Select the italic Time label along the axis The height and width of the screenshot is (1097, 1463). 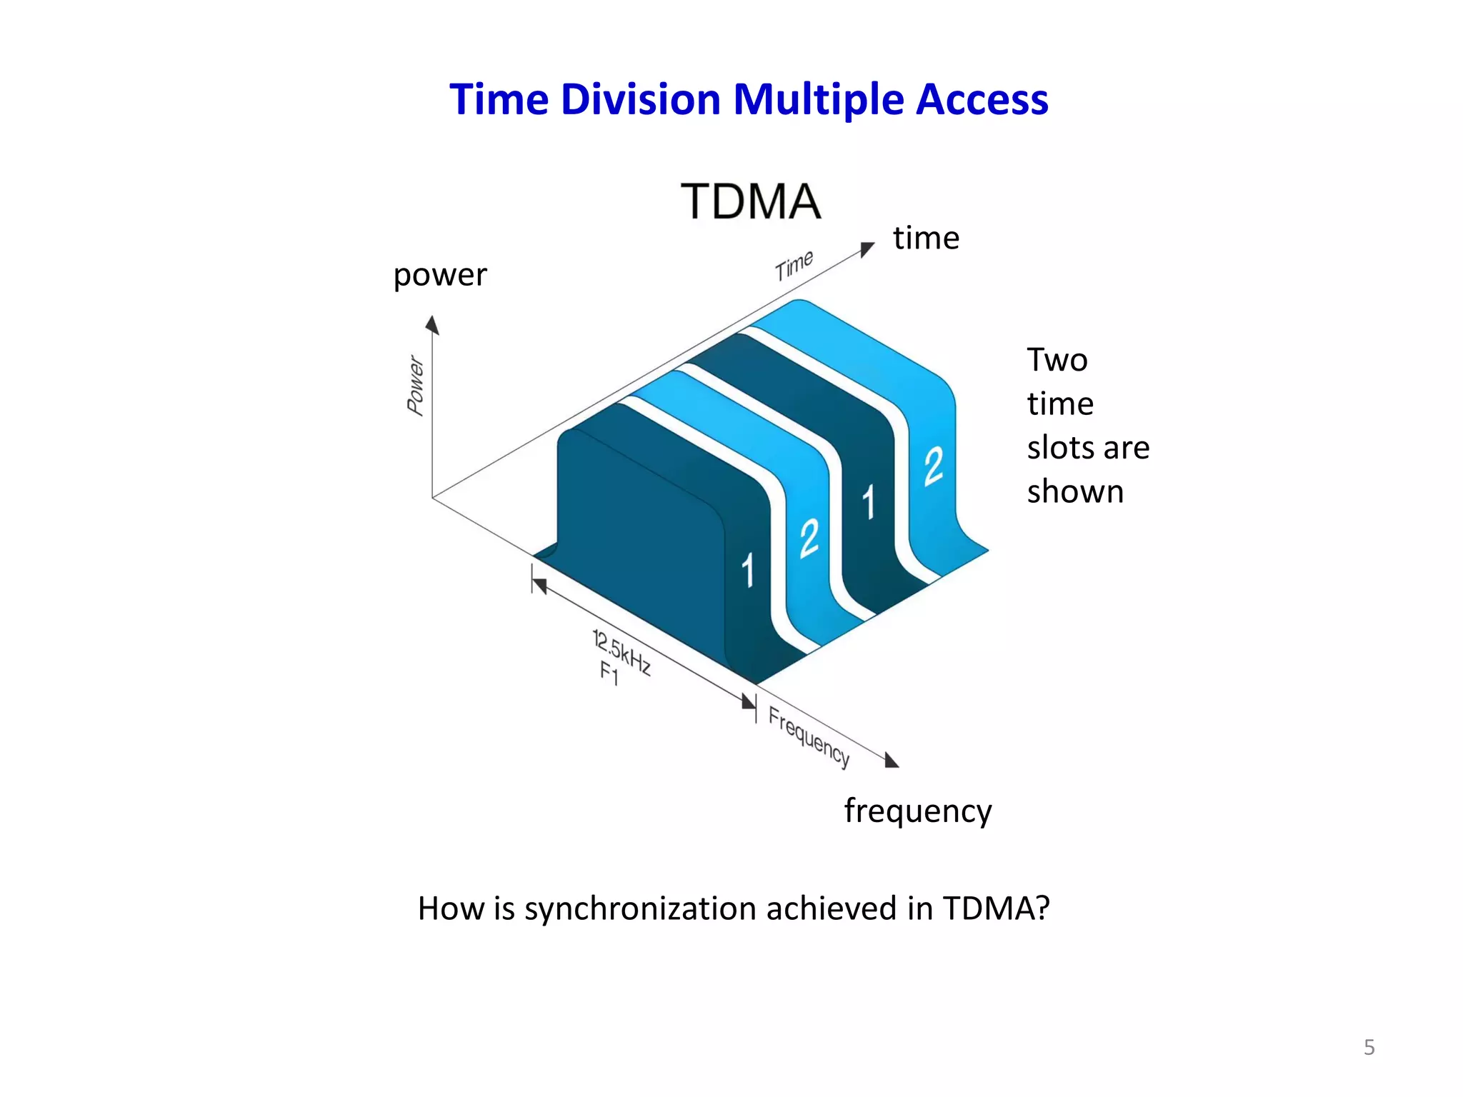pos(794,265)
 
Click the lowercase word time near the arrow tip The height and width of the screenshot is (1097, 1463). pos(926,238)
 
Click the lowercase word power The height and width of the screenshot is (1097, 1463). pos(440,275)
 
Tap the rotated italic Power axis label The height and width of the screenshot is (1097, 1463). pos(416,385)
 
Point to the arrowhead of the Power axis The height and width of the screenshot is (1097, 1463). pos(431,326)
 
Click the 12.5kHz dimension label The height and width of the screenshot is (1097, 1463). pos(621,652)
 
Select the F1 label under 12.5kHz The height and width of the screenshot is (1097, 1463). pos(609,673)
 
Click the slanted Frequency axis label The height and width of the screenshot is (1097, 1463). pos(809,736)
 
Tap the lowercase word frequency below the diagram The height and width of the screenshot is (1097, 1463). pos(917,811)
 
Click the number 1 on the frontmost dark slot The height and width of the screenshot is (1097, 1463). pos(747,570)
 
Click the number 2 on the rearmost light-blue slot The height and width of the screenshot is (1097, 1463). pos(933,466)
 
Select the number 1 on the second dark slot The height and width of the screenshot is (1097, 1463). pos(868,502)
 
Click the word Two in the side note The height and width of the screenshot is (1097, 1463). pos(1057,360)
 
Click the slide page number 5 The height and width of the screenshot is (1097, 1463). pos(1369,1047)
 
